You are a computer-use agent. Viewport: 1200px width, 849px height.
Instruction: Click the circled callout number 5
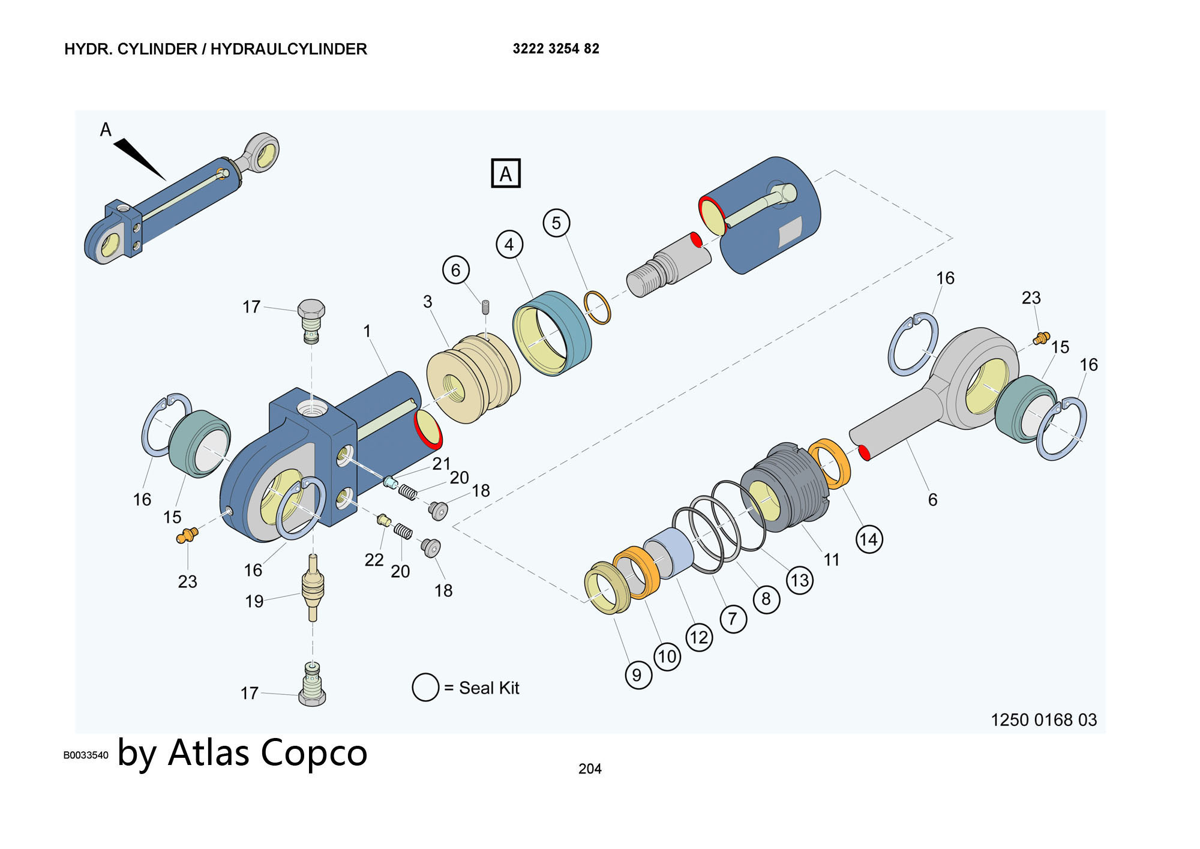click(x=556, y=223)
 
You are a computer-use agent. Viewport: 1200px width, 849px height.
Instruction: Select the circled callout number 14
click(x=869, y=539)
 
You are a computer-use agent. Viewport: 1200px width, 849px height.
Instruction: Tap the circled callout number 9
click(x=637, y=675)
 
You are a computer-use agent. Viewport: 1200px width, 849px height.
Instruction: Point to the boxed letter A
click(x=506, y=174)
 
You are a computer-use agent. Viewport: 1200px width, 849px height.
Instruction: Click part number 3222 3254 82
click(x=556, y=49)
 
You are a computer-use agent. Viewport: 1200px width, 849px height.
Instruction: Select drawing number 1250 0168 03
click(x=1043, y=719)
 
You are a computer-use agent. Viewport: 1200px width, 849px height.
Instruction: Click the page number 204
click(x=590, y=769)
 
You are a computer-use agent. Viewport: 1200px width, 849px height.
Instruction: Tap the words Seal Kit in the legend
click(x=489, y=688)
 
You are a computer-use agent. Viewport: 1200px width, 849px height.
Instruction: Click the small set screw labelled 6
click(x=486, y=308)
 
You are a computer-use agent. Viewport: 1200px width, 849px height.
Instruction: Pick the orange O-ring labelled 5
click(x=598, y=308)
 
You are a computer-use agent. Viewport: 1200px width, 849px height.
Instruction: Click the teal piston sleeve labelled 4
click(x=553, y=333)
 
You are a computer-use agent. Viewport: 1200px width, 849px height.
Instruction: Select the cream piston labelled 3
click(x=473, y=378)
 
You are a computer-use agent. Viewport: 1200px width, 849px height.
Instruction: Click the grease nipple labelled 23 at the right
click(x=1041, y=338)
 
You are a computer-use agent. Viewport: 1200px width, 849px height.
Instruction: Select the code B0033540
click(x=86, y=755)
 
